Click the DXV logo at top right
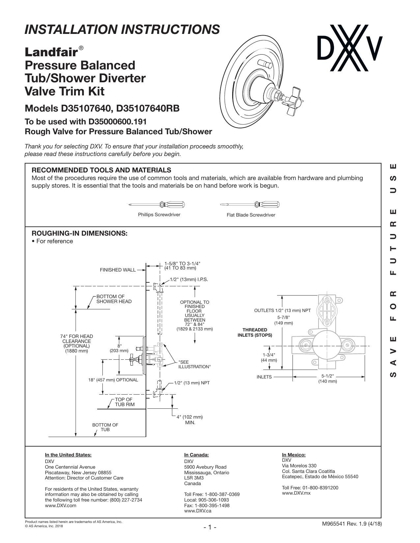click(350, 48)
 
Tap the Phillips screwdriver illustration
click(156, 205)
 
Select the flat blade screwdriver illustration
click(250, 205)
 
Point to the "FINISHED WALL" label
click(118, 270)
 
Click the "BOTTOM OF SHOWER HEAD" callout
click(114, 299)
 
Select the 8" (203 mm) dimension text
click(119, 348)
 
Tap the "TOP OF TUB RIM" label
click(125, 402)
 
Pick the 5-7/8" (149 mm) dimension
click(283, 320)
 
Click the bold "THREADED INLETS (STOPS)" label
click(255, 332)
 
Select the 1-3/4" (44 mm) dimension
click(269, 358)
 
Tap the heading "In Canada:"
click(196, 455)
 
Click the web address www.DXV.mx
click(296, 493)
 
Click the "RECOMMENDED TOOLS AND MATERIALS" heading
click(101, 170)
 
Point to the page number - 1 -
click(210, 527)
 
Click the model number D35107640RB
click(148, 109)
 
